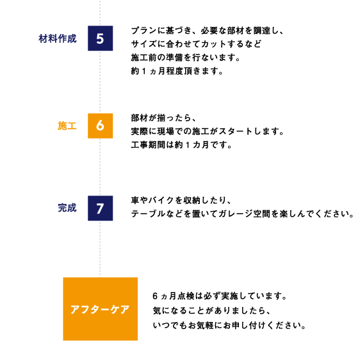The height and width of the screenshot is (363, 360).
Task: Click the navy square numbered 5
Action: pyautogui.click(x=101, y=38)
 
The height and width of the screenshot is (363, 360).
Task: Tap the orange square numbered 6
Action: pyautogui.click(x=101, y=126)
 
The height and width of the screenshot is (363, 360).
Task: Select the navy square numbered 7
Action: pyautogui.click(x=101, y=208)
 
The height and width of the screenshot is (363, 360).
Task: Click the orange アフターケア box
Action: pyautogui.click(x=101, y=309)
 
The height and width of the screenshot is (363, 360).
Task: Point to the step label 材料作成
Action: pyautogui.click(x=58, y=38)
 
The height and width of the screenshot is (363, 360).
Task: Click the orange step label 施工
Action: pyautogui.click(x=67, y=126)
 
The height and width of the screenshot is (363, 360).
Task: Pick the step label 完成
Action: pyautogui.click(x=67, y=208)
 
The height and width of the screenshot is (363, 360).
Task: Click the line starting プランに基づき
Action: pyautogui.click(x=207, y=31)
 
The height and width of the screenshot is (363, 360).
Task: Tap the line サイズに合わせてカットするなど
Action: pyautogui.click(x=196, y=44)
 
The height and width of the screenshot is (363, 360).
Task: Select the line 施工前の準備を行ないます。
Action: pyautogui.click(x=186, y=57)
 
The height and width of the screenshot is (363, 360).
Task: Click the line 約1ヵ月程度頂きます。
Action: pyautogui.click(x=177, y=71)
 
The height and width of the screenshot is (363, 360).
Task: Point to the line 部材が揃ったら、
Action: pyautogui.click(x=163, y=118)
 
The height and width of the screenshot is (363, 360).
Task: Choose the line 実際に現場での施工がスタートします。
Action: pyautogui.click(x=208, y=131)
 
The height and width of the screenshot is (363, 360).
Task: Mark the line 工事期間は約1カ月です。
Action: pyautogui.click(x=181, y=145)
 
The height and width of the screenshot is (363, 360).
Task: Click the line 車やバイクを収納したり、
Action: pyautogui.click(x=181, y=200)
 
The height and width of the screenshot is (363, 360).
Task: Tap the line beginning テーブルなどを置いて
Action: pyautogui.click(x=242, y=214)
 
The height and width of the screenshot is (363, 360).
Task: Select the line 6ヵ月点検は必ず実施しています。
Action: pyautogui.click(x=220, y=296)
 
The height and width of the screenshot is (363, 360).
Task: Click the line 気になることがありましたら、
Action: pyautogui.click(x=211, y=310)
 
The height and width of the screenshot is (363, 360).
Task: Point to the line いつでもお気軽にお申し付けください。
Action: pyautogui.click(x=229, y=325)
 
